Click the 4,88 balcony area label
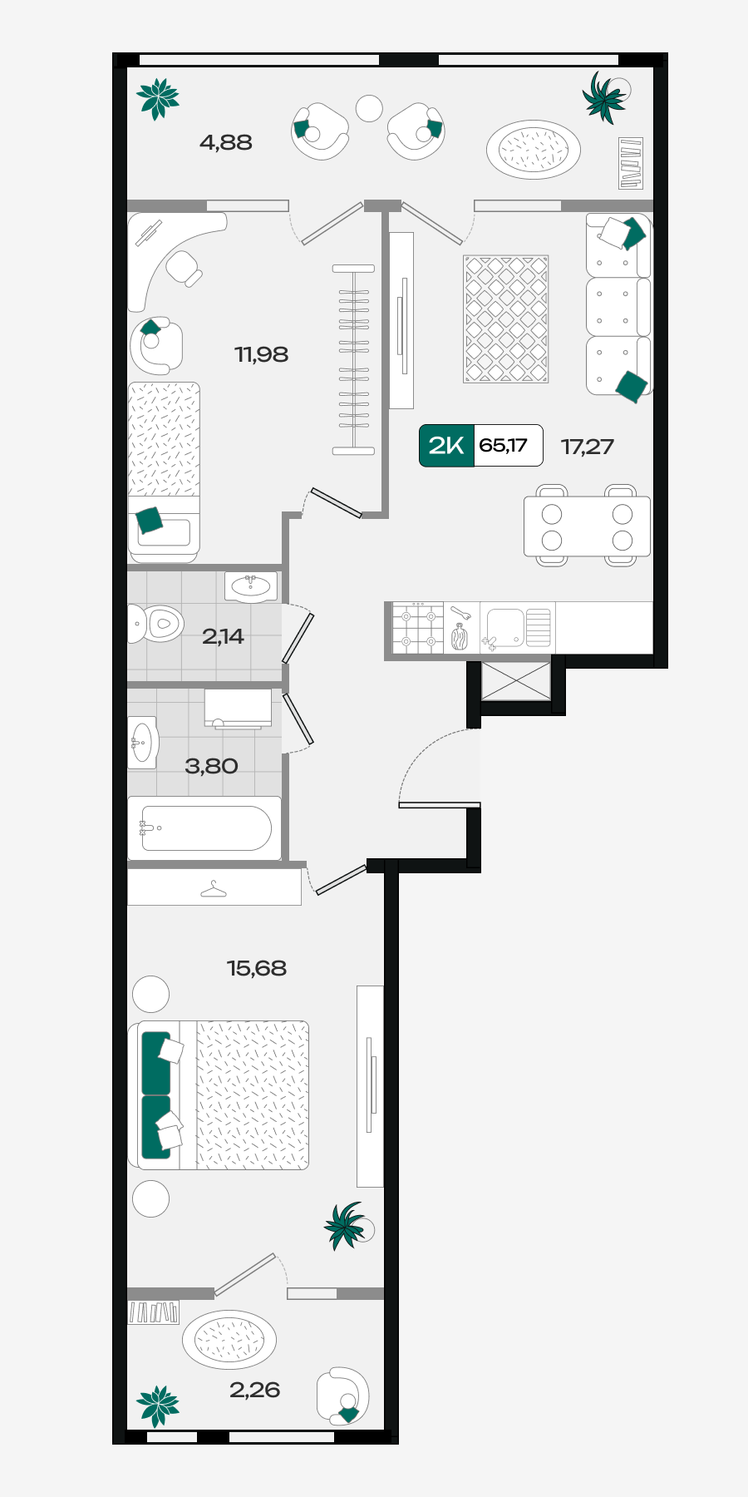[225, 143]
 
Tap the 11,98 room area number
[261, 355]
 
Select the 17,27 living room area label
[587, 447]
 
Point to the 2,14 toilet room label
[223, 637]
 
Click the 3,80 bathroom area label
[211, 767]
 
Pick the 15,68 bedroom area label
[256, 969]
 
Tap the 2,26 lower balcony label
[254, 1391]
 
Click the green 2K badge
[446, 446]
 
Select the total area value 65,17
[503, 446]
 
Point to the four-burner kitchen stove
[418, 628]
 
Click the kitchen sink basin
[504, 627]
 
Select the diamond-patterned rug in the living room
[506, 319]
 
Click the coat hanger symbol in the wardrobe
[214, 890]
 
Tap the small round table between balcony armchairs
[369, 108]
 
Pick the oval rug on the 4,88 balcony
[534, 150]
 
